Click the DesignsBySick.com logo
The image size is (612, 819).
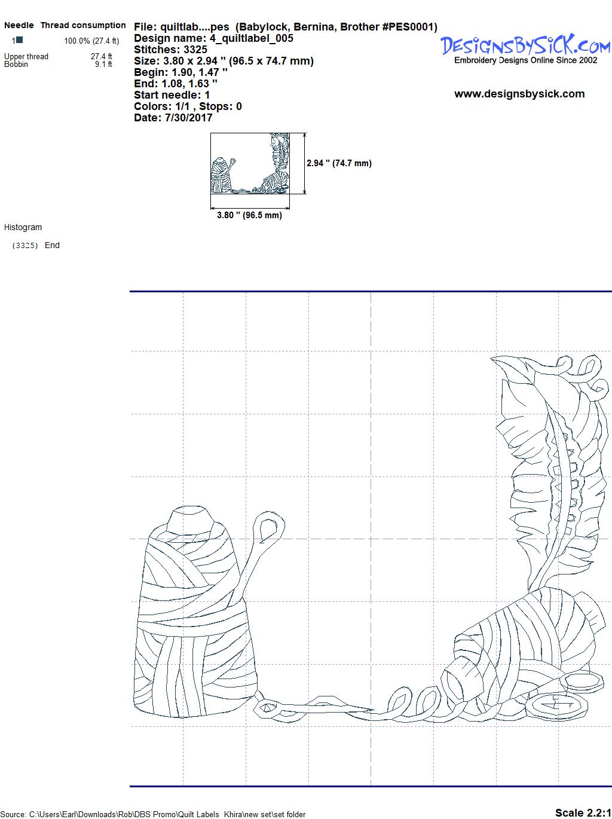[525, 45]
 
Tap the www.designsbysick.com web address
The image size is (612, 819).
[519, 94]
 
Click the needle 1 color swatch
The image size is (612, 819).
[20, 39]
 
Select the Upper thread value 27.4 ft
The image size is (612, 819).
[101, 56]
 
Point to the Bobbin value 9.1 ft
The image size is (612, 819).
[103, 64]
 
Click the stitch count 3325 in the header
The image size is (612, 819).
[195, 50]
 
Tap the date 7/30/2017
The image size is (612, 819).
[189, 118]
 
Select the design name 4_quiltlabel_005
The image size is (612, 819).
[252, 38]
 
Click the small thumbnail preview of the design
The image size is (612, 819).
[250, 163]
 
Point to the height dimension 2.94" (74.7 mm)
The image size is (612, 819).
[339, 163]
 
